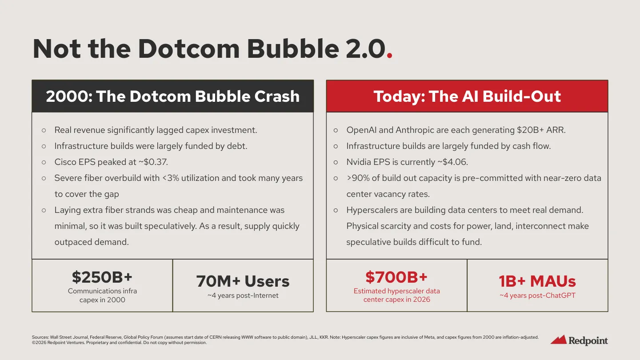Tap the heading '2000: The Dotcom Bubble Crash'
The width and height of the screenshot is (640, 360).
172,96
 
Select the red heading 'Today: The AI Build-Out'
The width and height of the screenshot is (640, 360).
467,96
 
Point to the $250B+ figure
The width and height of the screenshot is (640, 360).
102,277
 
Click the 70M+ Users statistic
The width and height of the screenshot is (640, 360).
243,281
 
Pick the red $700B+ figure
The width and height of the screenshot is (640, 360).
396,277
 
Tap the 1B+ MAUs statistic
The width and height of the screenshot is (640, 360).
537,281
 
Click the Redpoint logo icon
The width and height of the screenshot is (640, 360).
558,340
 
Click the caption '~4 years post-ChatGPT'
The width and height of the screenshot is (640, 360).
537,296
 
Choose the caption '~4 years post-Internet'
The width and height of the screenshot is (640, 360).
243,296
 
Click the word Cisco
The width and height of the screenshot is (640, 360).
65,162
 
